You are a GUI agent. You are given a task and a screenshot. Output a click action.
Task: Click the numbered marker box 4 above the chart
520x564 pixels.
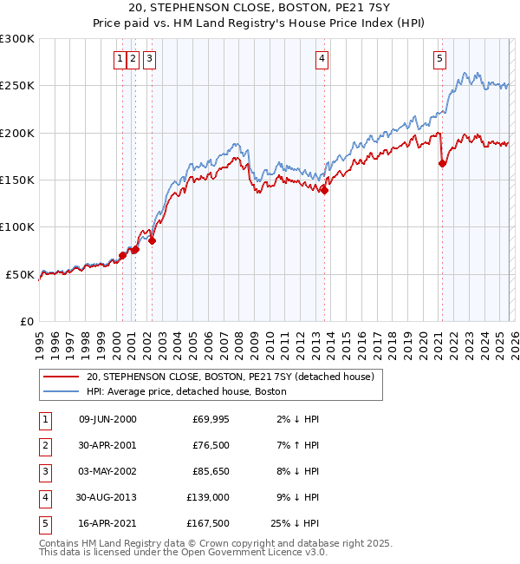coord(322,59)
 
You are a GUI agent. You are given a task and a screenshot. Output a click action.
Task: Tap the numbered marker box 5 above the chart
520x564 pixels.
coord(439,59)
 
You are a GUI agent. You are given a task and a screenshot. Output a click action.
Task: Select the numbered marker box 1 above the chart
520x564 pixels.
coord(119,59)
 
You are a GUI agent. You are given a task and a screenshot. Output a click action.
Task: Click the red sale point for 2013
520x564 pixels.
coord(324,191)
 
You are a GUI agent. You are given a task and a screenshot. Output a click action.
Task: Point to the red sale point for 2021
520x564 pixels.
coord(442,163)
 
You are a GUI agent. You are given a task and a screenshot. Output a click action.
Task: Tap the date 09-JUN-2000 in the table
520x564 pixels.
coord(107,419)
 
